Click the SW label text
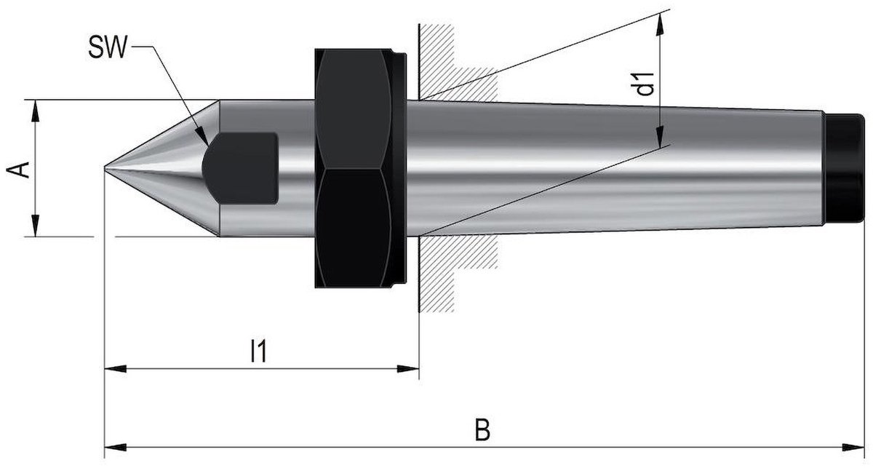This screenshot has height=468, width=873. tap(108, 47)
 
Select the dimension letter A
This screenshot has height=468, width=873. tap(19, 170)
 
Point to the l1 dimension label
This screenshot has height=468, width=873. tap(259, 351)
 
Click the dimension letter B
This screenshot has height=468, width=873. tap(482, 429)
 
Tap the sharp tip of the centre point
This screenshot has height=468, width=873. tap(105, 167)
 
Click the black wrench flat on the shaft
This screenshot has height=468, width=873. tap(240, 168)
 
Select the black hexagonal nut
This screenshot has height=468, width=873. tap(353, 168)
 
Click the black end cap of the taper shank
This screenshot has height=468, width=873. tap(845, 168)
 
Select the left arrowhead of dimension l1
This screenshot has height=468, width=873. tap(116, 368)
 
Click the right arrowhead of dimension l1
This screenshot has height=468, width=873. tap(408, 368)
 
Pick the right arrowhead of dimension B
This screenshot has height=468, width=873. tap(853, 447)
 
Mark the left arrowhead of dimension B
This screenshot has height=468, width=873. tap(116, 447)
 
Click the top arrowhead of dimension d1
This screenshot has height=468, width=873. tap(661, 24)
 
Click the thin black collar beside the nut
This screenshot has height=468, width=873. tap(399, 168)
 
